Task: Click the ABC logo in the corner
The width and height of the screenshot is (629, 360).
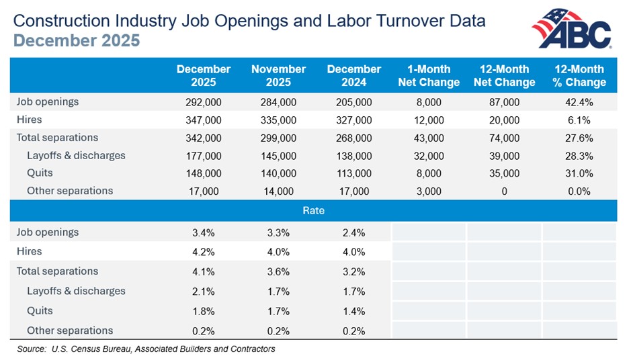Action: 573,29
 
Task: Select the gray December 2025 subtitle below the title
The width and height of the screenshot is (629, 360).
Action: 77,41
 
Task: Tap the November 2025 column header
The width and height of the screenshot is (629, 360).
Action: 278,75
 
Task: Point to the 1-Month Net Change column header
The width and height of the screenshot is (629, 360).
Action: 429,75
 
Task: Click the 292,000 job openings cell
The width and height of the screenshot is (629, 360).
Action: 204,102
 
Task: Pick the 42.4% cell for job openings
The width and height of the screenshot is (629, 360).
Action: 579,102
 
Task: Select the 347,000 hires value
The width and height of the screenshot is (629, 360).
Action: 204,120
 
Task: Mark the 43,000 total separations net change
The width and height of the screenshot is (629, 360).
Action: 429,138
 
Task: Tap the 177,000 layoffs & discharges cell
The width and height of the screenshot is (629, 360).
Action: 204,155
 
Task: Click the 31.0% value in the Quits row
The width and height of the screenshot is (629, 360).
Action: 579,173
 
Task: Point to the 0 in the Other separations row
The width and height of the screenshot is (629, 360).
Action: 504,191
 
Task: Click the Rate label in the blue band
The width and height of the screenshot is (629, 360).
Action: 314,210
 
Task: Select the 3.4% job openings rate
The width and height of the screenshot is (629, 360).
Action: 204,232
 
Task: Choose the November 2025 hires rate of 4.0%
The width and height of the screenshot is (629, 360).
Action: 278,252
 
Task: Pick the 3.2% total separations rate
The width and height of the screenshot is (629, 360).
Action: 353,271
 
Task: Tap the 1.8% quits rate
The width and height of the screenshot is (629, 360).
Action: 204,311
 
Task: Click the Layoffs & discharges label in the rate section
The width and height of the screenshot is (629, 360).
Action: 76,291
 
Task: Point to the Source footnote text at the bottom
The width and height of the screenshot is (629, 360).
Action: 146,349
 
